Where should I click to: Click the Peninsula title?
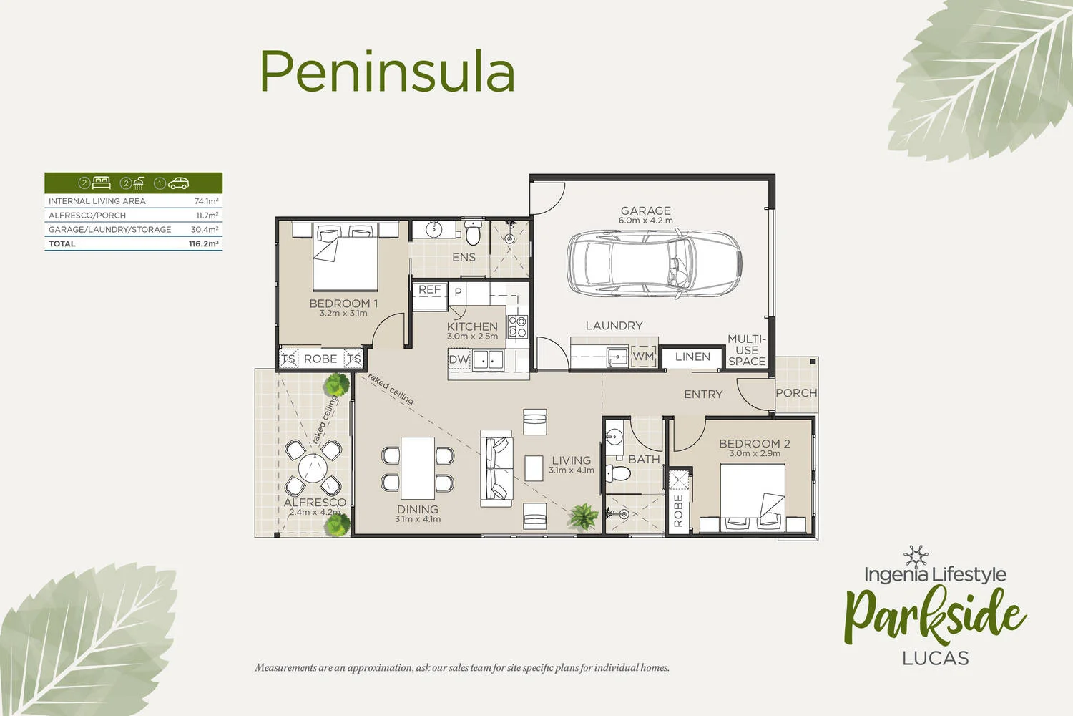tap(386, 72)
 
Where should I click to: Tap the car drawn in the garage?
tap(654, 262)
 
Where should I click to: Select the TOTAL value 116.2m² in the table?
tap(203, 243)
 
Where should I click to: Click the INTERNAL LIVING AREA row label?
tap(97, 201)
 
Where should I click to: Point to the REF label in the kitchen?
tap(429, 290)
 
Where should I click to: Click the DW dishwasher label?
tap(459, 359)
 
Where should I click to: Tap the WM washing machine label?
tap(643, 356)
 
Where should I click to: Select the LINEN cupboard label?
tap(692, 357)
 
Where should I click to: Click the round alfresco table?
tap(313, 469)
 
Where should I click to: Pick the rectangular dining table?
tap(418, 468)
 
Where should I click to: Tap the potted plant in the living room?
tap(584, 516)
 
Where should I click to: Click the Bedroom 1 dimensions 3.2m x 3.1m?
tap(343, 313)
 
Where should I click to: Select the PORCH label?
tap(796, 393)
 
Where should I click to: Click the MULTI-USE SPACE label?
tap(747, 350)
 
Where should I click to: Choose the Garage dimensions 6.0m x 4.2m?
tap(645, 221)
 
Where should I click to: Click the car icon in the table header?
tap(178, 183)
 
